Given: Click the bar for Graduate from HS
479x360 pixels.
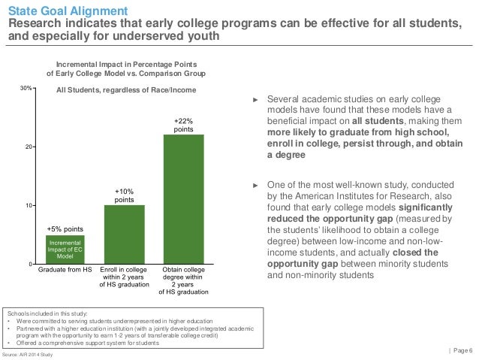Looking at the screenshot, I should tap(65, 250).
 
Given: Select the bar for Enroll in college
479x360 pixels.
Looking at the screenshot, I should tap(124, 234).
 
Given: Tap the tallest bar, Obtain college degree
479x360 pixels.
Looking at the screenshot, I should tap(184, 199).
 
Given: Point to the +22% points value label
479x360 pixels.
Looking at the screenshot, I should tap(184, 124).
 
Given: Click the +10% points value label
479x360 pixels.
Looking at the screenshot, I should tap(124, 195).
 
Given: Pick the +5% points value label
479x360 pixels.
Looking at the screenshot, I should tap(65, 227).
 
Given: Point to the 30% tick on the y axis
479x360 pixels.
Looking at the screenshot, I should tap(25, 89).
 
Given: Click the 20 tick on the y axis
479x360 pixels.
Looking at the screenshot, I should tap(27, 147).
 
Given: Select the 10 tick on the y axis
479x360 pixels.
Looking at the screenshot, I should tap(27, 206).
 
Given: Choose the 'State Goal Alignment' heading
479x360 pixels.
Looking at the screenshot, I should tap(57, 10).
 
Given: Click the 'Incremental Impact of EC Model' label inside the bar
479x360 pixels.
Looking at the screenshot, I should tap(65, 250).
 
